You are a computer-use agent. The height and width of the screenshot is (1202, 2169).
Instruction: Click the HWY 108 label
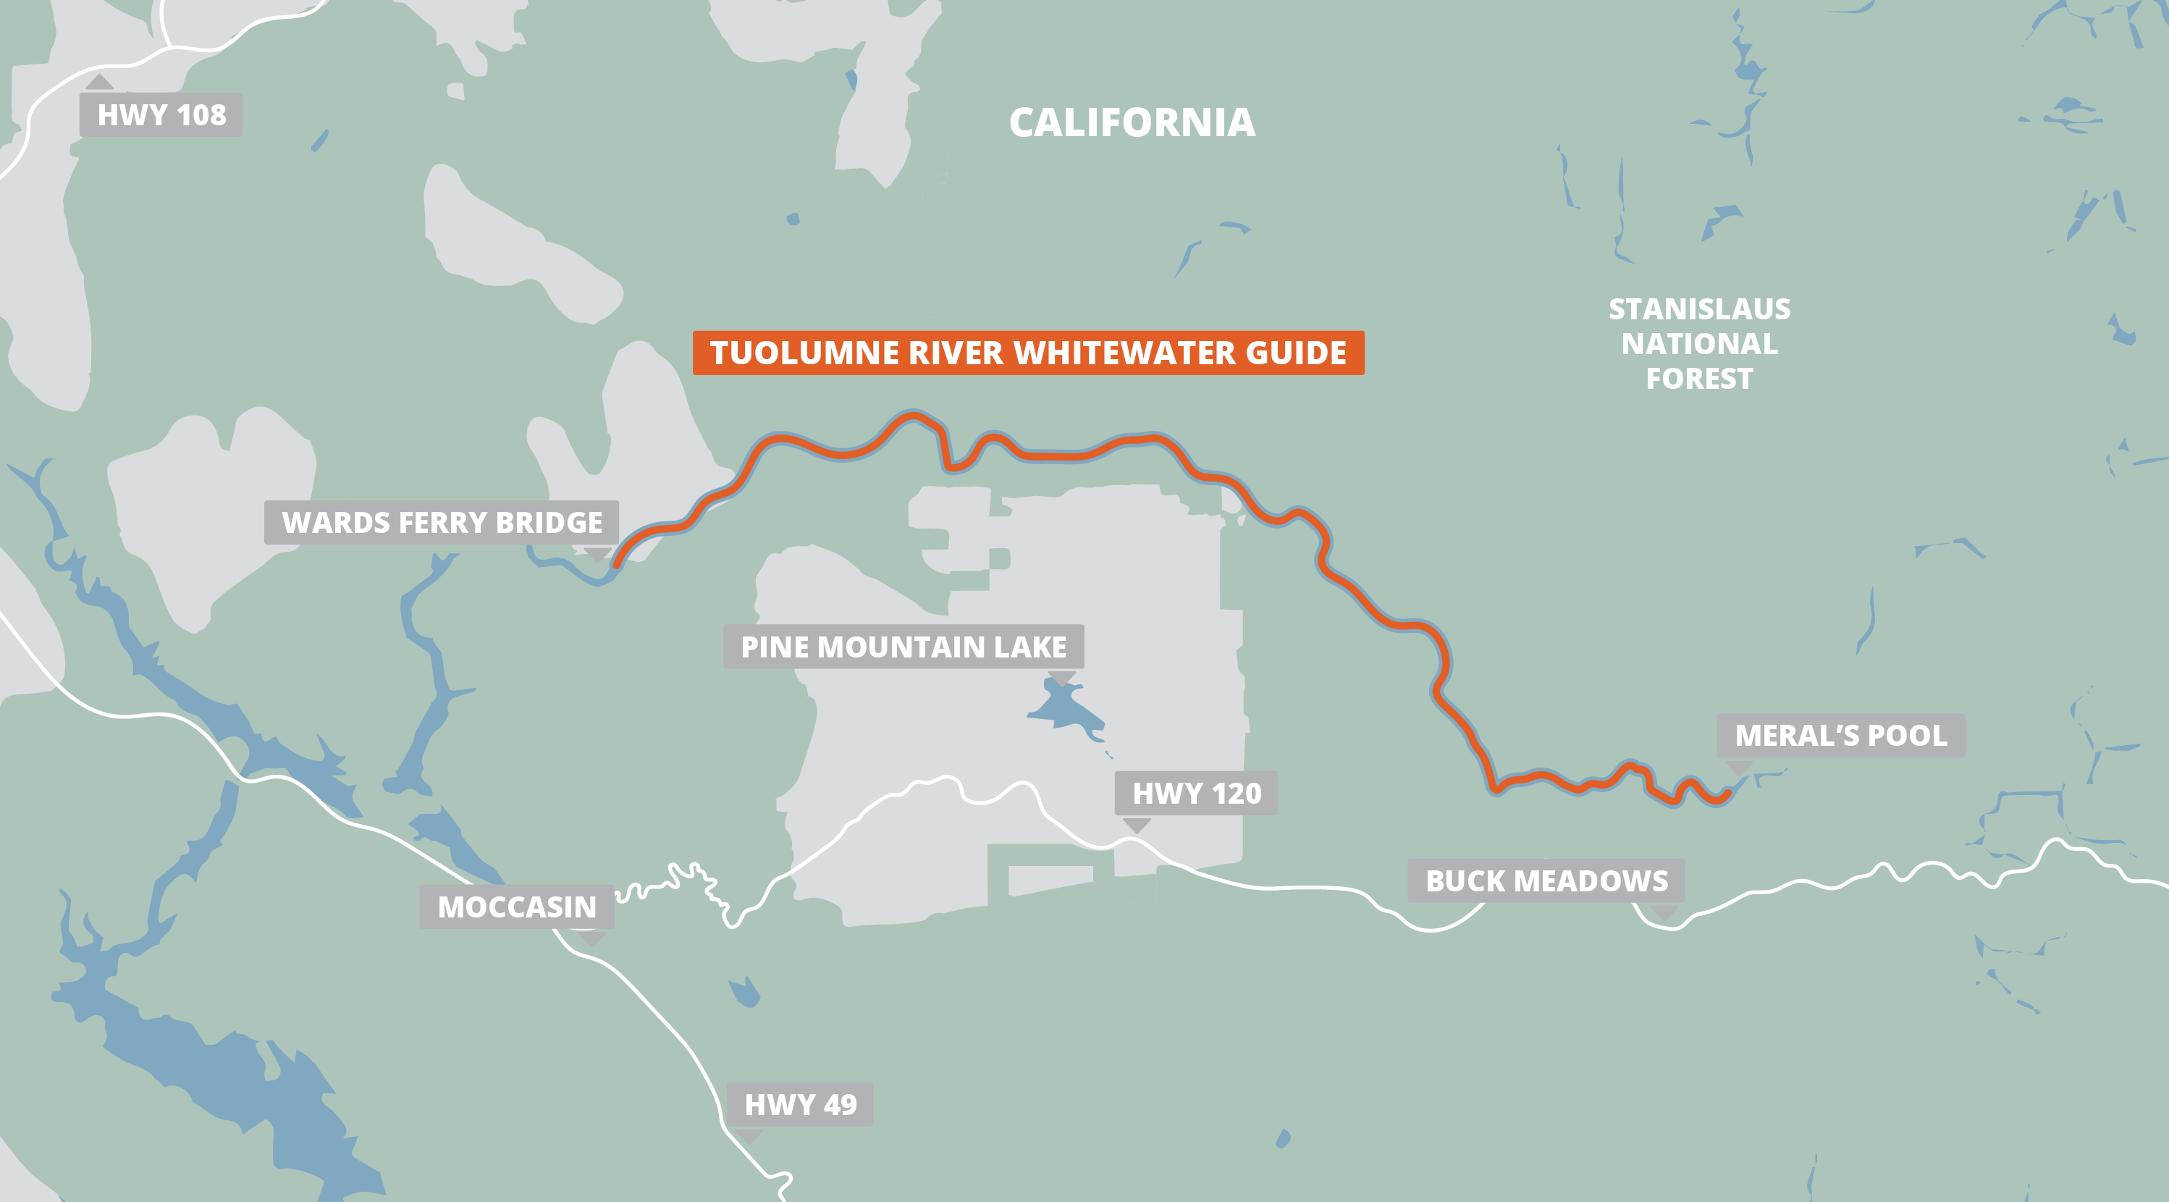pyautogui.click(x=161, y=114)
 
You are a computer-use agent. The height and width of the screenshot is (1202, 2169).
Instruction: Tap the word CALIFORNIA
pyautogui.click(x=1132, y=123)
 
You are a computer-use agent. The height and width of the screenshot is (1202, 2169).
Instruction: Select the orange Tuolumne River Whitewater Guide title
pyautogui.click(x=1027, y=353)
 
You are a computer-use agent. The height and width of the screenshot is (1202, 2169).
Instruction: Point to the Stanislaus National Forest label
pyautogui.click(x=1699, y=344)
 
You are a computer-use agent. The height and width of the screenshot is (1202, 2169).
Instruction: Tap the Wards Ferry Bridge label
pyautogui.click(x=441, y=522)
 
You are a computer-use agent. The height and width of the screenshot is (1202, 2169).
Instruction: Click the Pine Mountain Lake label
pyautogui.click(x=903, y=647)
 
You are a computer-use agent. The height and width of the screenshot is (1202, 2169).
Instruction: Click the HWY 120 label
pyautogui.click(x=1196, y=793)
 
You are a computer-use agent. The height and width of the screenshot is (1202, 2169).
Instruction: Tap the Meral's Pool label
pyautogui.click(x=1840, y=736)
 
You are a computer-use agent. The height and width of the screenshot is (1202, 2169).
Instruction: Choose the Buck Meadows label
pyautogui.click(x=1546, y=881)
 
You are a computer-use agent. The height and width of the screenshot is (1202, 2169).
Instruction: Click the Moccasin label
pyautogui.click(x=516, y=907)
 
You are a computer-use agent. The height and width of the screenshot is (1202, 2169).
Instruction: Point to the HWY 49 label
pyautogui.click(x=800, y=1104)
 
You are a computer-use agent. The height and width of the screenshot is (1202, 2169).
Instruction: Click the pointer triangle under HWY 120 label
pyautogui.click(x=1137, y=825)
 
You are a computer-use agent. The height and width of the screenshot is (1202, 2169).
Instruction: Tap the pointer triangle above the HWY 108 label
pyautogui.click(x=99, y=83)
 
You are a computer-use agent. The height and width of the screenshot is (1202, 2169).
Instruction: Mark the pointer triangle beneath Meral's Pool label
pyautogui.click(x=1739, y=767)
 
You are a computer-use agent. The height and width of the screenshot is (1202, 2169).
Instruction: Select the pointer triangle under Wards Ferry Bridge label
pyautogui.click(x=597, y=554)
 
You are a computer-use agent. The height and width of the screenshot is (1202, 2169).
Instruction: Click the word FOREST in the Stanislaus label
pyautogui.click(x=1699, y=379)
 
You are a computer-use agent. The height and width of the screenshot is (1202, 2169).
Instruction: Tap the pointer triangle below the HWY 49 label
pyautogui.click(x=749, y=1136)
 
